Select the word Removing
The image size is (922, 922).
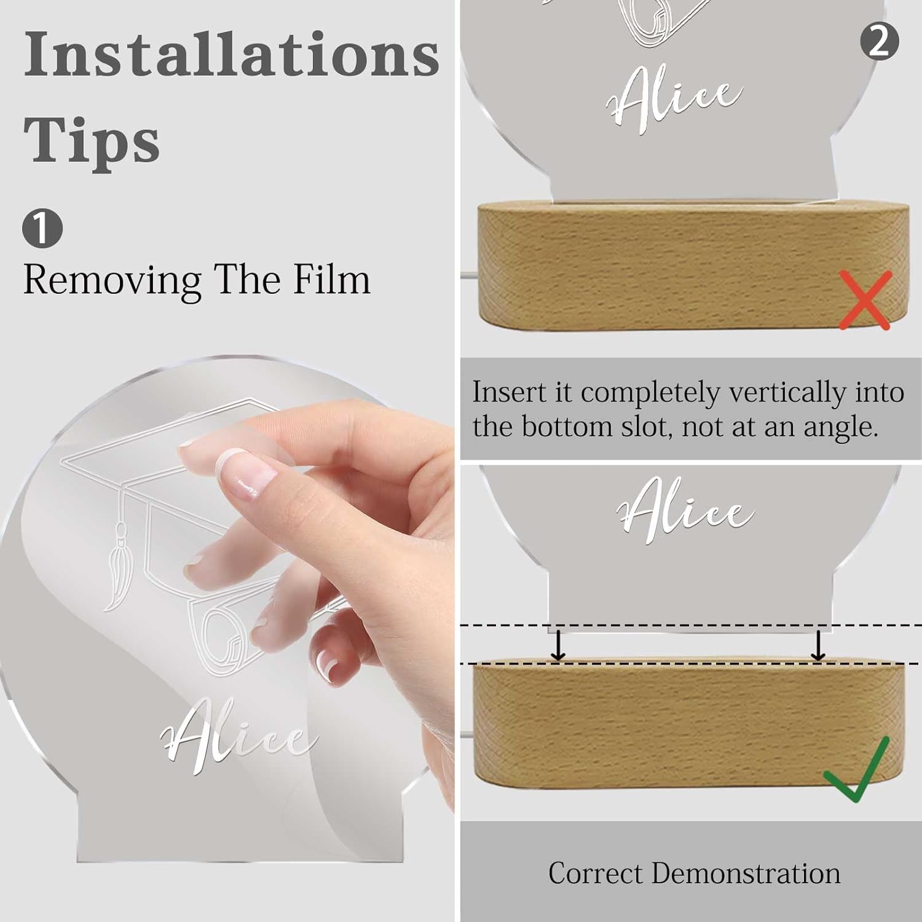(x=112, y=281)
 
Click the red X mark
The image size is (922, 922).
(x=865, y=301)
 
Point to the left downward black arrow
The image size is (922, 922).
(x=558, y=644)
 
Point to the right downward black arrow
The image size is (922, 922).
(x=818, y=644)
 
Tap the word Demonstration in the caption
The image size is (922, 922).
(x=746, y=873)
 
